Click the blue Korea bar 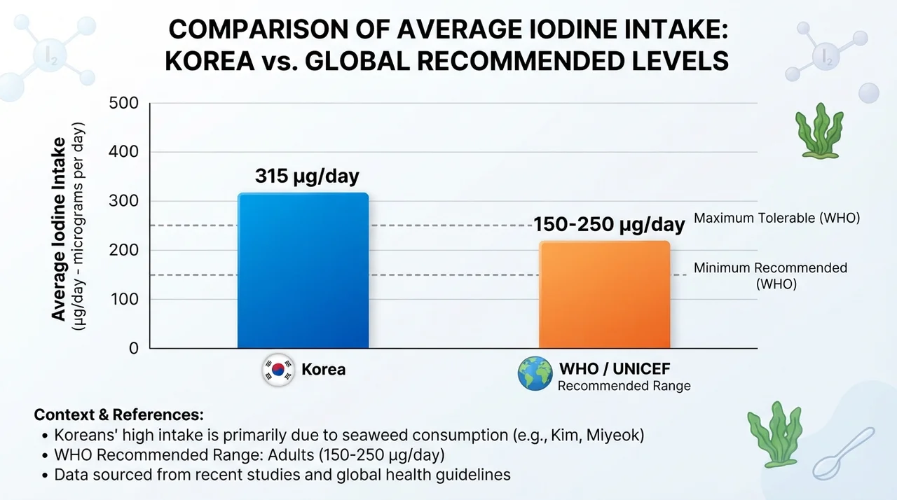pos(303,270)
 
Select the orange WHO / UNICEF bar pos(604,294)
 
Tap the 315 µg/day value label pos(307,176)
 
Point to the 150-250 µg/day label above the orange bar pos(609,224)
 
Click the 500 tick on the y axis pos(123,103)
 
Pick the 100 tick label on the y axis pos(124,299)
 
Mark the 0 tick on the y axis pos(134,349)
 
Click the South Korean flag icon pos(278,370)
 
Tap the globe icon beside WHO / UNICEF pos(535,374)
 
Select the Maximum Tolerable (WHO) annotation pos(777,218)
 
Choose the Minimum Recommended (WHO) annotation pos(770,276)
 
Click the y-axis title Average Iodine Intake pos(59,229)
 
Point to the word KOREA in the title pos(210,61)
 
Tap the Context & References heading pos(119,415)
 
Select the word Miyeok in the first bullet pos(615,435)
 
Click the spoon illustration pos(844,453)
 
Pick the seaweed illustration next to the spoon pos(774,434)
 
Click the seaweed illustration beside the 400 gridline pos(819,131)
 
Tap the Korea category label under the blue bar pos(323,369)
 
